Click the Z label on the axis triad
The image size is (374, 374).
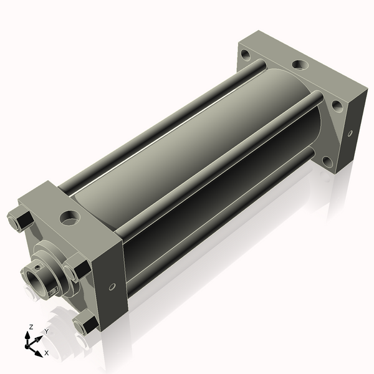tap(31, 327)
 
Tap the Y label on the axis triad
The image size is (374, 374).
tap(47, 331)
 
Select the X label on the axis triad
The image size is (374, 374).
tap(47, 353)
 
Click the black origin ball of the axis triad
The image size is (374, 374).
tap(27, 346)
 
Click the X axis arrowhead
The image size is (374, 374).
tap(39, 353)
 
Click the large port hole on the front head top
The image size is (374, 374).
tap(70, 218)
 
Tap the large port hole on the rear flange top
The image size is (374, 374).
tap(300, 65)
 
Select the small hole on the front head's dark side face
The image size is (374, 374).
tap(112, 287)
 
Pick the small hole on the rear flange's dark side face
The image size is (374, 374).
tap(350, 133)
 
